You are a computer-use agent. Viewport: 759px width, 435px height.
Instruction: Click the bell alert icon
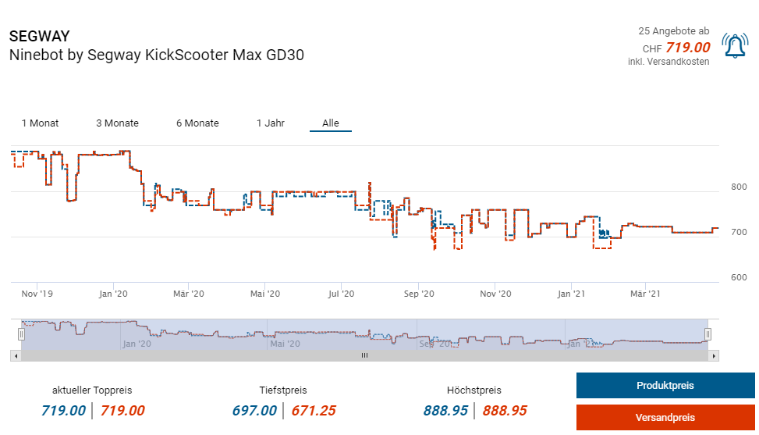[x=735, y=47]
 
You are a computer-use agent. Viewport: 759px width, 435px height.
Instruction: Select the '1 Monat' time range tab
[x=40, y=123]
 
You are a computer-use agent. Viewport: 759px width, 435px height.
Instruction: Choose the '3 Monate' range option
[x=117, y=123]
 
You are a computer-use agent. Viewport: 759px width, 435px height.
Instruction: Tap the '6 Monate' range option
[x=197, y=123]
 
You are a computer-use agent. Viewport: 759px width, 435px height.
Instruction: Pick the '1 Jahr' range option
[x=270, y=123]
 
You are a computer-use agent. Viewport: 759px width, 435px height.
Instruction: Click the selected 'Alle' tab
[x=331, y=123]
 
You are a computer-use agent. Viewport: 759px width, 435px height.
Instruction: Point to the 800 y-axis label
[x=738, y=187]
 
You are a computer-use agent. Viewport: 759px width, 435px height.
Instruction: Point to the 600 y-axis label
[x=738, y=278]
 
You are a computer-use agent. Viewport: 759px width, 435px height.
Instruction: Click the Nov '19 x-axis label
[x=37, y=294]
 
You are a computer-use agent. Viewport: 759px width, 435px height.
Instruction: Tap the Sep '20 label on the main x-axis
[x=419, y=294]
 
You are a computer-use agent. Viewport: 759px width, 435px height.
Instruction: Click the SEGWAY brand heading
[x=40, y=37]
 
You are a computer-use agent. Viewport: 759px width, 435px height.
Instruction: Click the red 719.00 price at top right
[x=687, y=48]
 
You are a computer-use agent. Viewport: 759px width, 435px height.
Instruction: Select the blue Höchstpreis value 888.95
[x=445, y=410]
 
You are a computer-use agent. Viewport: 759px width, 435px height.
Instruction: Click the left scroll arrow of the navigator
[x=15, y=355]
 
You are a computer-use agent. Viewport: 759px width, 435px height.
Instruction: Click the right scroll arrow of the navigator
[x=714, y=355]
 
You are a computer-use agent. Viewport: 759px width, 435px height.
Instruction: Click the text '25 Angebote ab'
[x=673, y=31]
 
